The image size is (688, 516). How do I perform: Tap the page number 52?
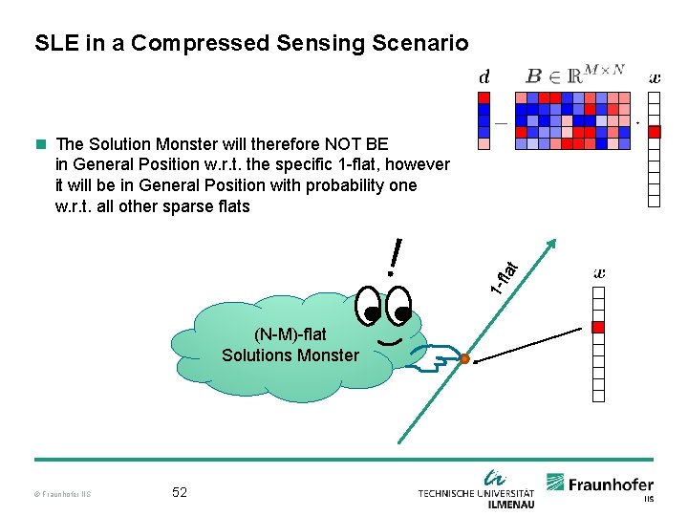[180, 492]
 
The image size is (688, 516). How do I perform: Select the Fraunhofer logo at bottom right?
[600, 485]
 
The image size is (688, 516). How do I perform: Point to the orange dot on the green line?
[464, 359]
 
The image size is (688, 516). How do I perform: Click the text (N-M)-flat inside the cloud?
[290, 334]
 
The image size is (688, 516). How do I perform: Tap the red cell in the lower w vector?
[599, 328]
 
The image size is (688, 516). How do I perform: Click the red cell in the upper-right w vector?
[655, 132]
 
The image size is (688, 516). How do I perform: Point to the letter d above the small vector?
[484, 76]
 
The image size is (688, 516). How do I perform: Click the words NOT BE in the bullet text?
[355, 144]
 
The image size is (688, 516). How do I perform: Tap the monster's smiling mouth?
[388, 340]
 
